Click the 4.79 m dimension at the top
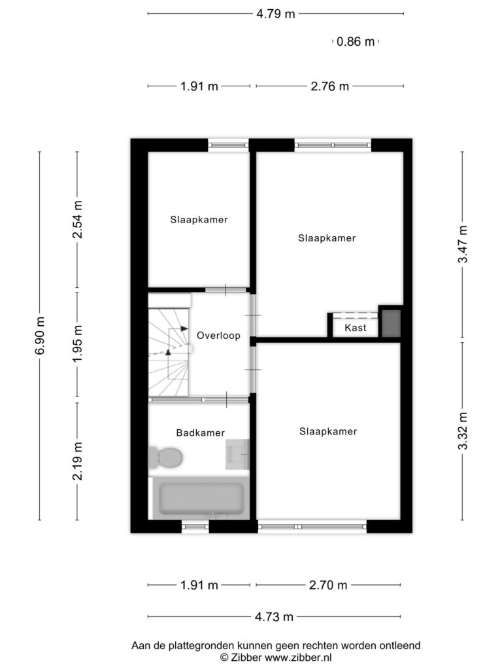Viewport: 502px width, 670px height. point(275,14)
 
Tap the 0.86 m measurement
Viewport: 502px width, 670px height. point(355,41)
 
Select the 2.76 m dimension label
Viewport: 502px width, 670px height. point(329,86)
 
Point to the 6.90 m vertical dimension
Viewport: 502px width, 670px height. point(40,336)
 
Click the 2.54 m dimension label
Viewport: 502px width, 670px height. point(77,219)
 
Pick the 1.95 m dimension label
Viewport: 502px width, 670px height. point(77,343)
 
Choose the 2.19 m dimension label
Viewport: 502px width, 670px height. point(77,461)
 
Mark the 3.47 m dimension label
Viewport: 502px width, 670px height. point(463,244)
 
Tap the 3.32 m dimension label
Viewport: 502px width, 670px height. point(463,431)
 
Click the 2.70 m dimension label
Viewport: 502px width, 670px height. point(328,585)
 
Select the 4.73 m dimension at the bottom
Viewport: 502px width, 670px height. point(274,616)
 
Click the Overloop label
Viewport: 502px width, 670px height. point(218,336)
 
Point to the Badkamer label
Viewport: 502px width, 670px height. point(200,433)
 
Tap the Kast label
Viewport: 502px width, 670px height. point(355,328)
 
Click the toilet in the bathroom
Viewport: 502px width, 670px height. point(165,457)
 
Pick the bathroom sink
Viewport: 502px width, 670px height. point(237,454)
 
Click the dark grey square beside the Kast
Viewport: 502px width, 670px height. point(391,323)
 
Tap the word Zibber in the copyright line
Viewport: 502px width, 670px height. point(246,657)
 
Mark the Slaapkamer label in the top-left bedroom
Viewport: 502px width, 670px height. point(199,220)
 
